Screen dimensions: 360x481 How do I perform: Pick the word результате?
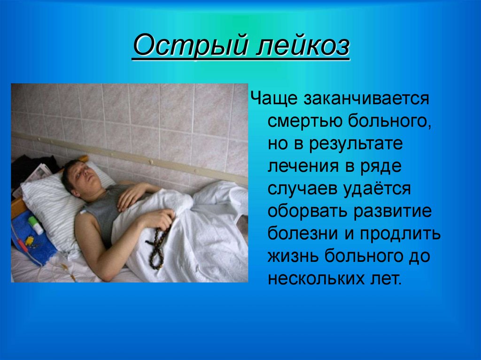[x=356, y=144]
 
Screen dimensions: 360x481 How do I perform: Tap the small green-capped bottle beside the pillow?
[x=35, y=224]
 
